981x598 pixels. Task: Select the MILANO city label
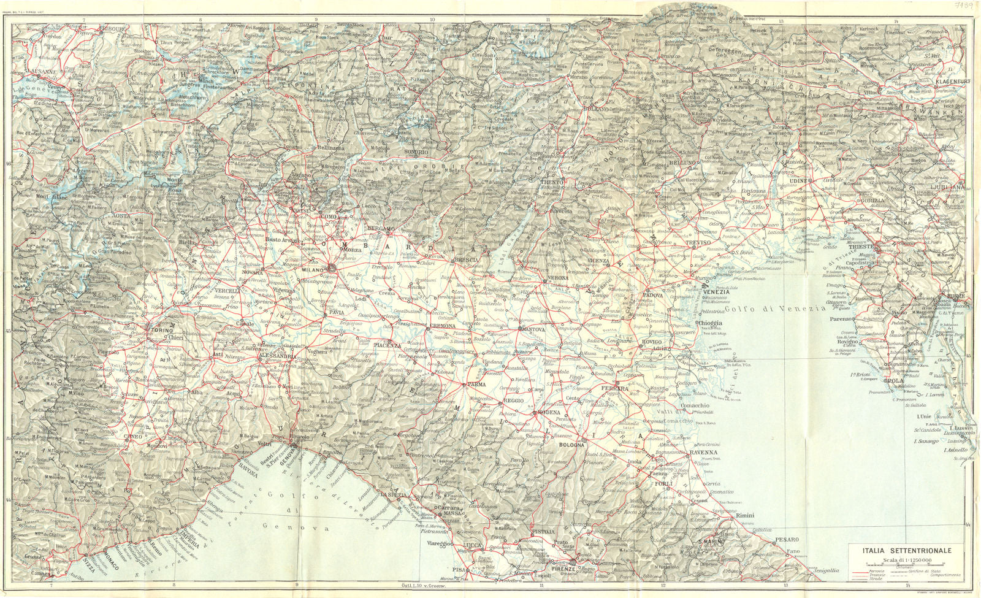pyautogui.click(x=313, y=270)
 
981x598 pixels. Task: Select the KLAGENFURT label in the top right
pyautogui.click(x=947, y=81)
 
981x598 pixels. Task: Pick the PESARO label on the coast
pyautogui.click(x=787, y=540)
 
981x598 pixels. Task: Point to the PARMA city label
pyautogui.click(x=476, y=385)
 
